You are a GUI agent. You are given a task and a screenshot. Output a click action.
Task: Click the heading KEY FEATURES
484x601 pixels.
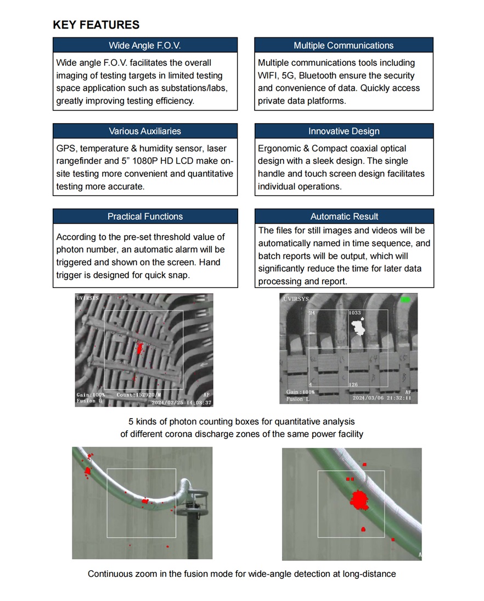pyautogui.click(x=96, y=25)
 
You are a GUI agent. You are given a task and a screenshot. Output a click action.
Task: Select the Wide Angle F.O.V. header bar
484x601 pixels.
pyautogui.click(x=145, y=45)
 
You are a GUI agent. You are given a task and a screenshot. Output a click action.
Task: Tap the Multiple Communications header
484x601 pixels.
pyautogui.click(x=344, y=45)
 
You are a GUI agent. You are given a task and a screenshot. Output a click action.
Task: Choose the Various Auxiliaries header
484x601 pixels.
pyautogui.click(x=145, y=131)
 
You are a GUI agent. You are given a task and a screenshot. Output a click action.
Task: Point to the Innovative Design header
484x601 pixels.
pyautogui.click(x=344, y=131)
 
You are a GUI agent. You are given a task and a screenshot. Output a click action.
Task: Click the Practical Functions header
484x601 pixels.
pyautogui.click(x=145, y=216)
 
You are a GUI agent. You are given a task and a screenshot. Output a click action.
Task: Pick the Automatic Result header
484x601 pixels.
pyautogui.click(x=344, y=216)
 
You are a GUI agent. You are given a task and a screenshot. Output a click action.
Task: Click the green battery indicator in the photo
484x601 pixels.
pyautogui.click(x=406, y=300)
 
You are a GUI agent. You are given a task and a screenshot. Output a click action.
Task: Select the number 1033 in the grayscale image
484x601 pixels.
pyautogui.click(x=354, y=313)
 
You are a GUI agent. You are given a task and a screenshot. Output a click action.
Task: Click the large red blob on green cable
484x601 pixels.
pyautogui.click(x=359, y=500)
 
